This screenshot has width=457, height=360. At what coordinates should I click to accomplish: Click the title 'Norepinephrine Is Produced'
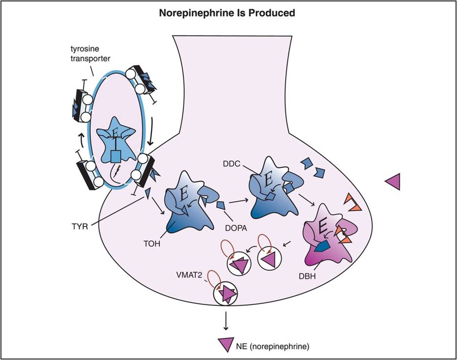[227, 13]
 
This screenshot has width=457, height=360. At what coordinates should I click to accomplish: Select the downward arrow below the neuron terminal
[226, 322]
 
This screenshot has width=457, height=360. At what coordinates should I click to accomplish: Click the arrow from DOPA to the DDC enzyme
[239, 201]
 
